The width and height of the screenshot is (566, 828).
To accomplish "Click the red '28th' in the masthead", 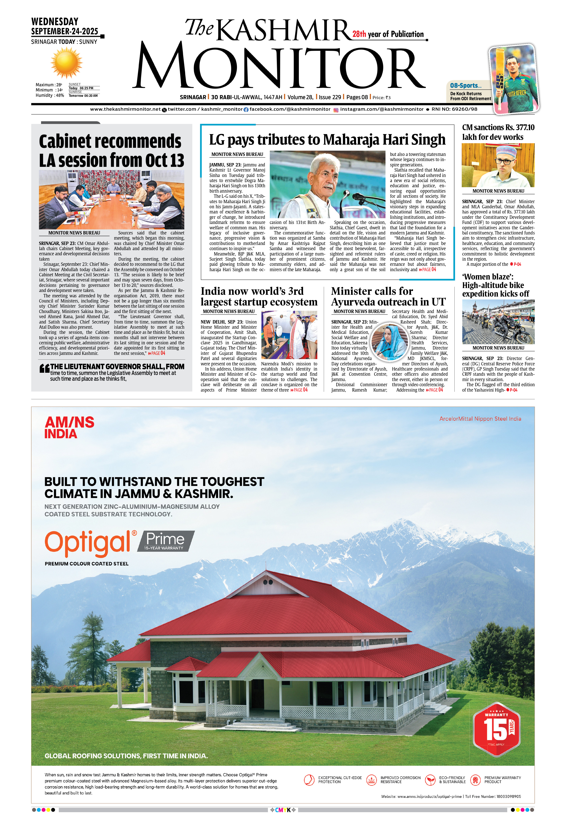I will pyautogui.click(x=359, y=34).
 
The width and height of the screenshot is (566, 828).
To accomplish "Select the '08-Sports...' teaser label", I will pyautogui.click(x=466, y=85).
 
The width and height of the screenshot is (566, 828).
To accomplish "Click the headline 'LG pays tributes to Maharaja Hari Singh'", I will pyautogui.click(x=327, y=140).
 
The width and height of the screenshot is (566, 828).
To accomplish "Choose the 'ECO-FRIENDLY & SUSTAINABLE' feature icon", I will pyautogui.click(x=431, y=780).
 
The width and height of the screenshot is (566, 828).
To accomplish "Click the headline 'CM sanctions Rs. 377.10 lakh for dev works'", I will pyautogui.click(x=498, y=132).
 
